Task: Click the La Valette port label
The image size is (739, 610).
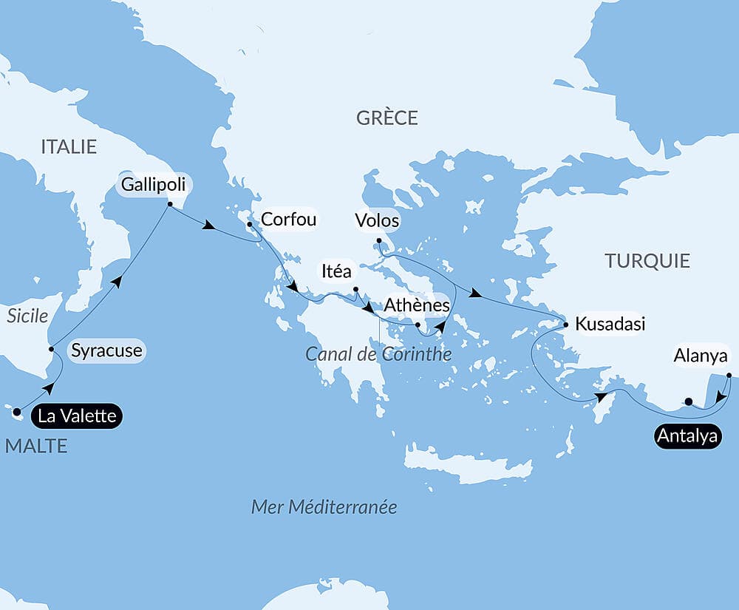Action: pos(77,416)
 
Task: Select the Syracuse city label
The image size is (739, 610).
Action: pos(106,350)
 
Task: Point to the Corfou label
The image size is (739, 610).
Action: pos(289,220)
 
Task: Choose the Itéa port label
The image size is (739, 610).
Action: pos(336,271)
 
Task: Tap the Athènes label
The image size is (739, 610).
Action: pos(417,305)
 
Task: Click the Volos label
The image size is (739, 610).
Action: pos(377,220)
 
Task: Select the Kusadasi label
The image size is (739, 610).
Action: pos(610,324)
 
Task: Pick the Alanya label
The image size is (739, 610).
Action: pos(701,356)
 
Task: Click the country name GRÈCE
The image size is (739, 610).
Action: pos(386,118)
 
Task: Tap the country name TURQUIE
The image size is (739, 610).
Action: pos(647,260)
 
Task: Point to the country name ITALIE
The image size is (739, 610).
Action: pos(69,146)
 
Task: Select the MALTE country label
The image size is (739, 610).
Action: pos(35,446)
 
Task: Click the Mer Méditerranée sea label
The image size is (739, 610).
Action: pos(324,507)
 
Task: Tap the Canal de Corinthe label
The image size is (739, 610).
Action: pos(378,354)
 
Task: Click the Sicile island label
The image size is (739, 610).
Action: pos(27,316)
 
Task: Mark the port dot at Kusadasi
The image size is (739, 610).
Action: pos(565,325)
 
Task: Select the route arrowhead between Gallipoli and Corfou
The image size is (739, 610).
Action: pos(210,226)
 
